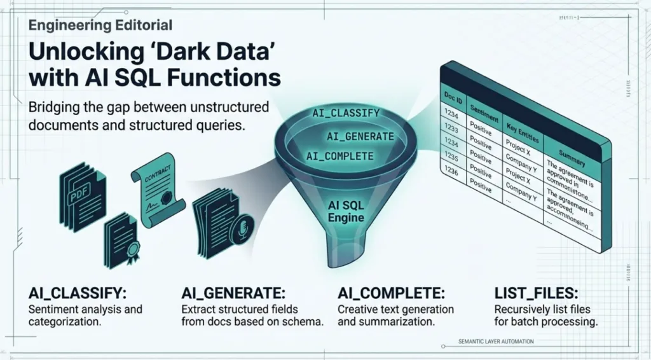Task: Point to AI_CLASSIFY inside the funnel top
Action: [346, 113]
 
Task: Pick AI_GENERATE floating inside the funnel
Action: [360, 135]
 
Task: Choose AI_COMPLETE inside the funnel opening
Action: [339, 155]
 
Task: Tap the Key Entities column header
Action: [523, 129]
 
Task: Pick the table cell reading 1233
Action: [451, 128]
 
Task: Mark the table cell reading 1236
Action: [450, 172]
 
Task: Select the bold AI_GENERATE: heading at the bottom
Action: [233, 293]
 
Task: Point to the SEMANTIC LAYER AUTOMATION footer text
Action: [496, 342]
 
